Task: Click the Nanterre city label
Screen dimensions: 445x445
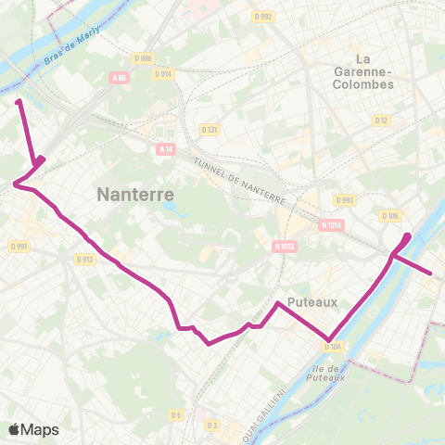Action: [x=136, y=196]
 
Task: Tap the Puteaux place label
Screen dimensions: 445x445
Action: [x=311, y=302]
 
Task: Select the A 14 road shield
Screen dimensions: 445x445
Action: [x=165, y=148]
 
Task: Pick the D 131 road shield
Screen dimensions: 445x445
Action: [x=211, y=130]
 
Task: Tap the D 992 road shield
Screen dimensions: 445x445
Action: [x=264, y=16]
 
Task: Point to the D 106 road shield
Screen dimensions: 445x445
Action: [x=389, y=216]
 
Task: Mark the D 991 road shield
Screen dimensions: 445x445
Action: [x=19, y=246]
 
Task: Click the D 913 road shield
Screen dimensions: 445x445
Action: [x=84, y=260]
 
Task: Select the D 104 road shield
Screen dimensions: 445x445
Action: [x=333, y=347]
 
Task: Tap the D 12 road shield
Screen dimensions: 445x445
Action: [x=381, y=121]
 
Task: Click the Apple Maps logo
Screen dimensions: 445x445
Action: [x=34, y=429]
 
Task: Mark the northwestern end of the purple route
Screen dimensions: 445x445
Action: [x=19, y=101]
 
